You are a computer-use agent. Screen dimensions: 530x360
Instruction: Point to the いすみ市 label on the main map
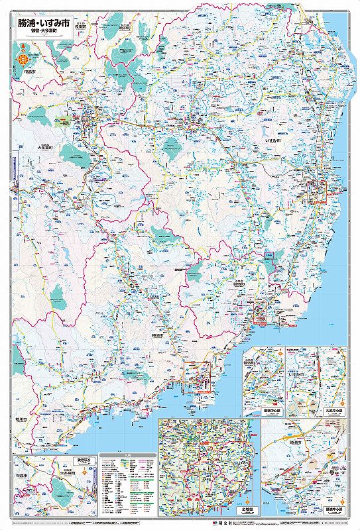point(274,142)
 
